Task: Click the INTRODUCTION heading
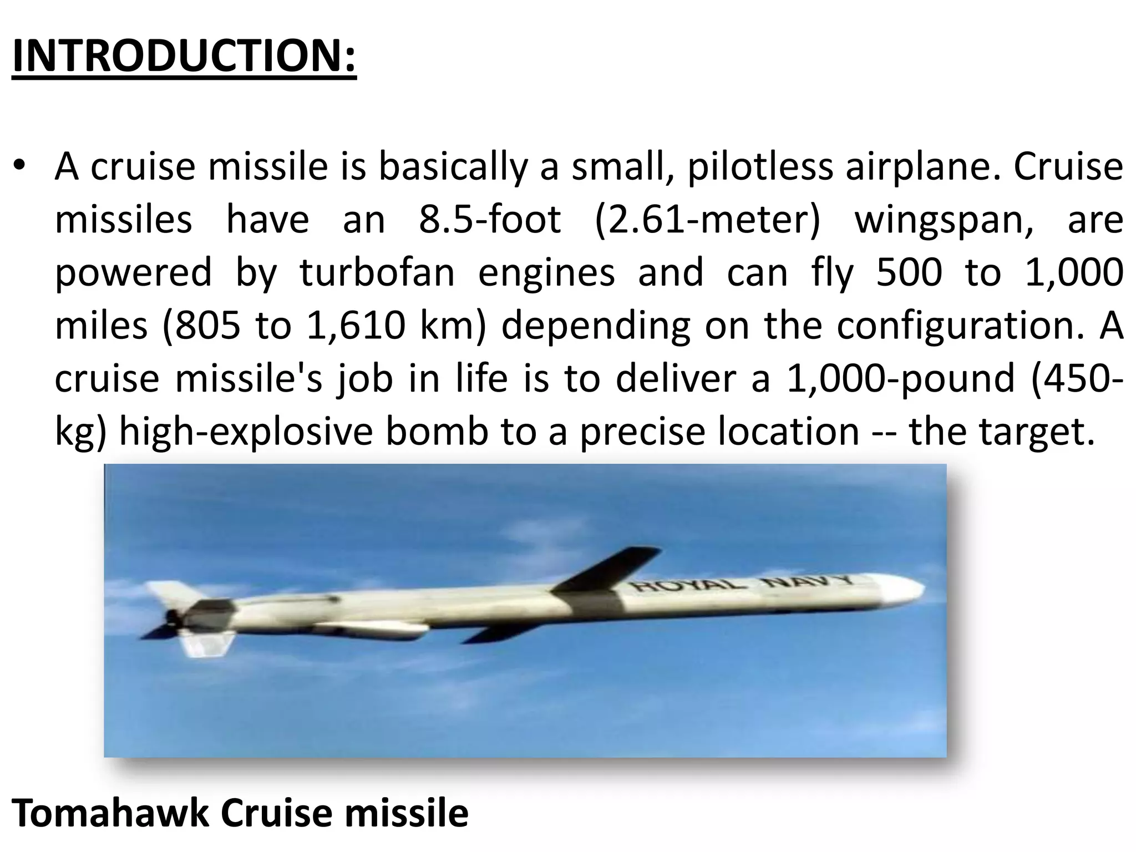click(x=184, y=57)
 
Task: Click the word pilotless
click(x=760, y=166)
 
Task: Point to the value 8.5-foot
click(x=490, y=219)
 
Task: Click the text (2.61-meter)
click(x=707, y=220)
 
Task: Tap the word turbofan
click(x=377, y=272)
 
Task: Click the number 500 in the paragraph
click(x=909, y=272)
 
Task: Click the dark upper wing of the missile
click(x=610, y=569)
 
